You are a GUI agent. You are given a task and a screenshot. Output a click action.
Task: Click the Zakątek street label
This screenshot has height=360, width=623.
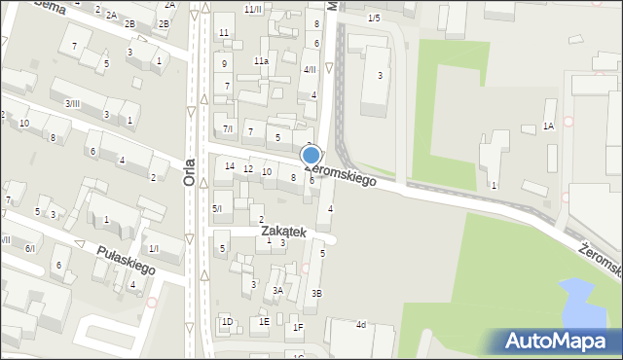point(283,232)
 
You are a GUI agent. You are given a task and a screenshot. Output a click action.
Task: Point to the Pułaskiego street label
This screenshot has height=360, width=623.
point(126,259)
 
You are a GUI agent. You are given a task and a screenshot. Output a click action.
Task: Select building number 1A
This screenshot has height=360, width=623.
point(548,126)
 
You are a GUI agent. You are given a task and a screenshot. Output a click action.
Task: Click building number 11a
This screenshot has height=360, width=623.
point(261,61)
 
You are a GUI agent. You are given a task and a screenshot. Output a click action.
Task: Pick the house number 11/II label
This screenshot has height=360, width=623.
point(253,9)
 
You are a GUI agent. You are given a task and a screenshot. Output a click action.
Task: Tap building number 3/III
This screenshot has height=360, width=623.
point(72,103)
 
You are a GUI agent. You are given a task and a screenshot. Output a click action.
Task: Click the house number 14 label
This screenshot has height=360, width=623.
point(230,166)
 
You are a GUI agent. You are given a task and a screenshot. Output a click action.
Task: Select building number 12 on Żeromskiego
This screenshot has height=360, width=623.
point(248,169)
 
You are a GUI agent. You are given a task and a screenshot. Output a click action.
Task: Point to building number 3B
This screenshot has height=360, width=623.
point(316,293)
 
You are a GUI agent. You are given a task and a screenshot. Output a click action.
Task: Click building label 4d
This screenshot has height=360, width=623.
point(360,324)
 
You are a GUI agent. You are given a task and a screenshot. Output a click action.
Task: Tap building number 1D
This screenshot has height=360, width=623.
point(227,321)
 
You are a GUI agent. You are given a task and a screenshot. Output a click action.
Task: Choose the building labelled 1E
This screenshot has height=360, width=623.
point(264,322)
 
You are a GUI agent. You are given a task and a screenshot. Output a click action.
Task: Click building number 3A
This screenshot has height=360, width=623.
point(277,290)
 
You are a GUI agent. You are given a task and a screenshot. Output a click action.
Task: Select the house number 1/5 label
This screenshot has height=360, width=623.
point(374,18)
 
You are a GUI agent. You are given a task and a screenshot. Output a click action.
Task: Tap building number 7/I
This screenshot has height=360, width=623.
point(228,128)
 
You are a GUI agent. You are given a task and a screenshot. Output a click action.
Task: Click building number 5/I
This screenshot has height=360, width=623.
point(217,208)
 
